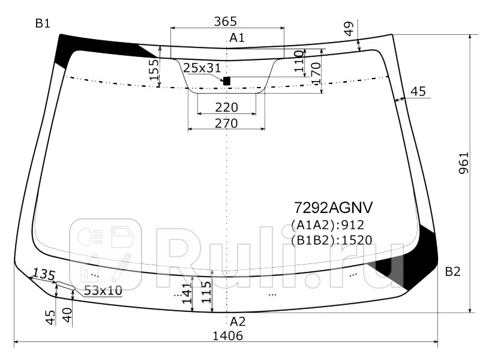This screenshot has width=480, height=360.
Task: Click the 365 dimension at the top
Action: [226, 22]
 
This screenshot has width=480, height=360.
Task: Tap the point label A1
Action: [237, 38]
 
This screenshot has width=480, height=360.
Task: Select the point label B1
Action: [43, 24]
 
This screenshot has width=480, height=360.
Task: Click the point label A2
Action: [238, 321]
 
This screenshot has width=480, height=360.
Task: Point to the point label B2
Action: [452, 272]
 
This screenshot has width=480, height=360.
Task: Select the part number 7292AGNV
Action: [333, 208]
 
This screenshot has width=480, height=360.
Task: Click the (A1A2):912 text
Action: [328, 225]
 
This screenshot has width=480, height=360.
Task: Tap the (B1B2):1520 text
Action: [331, 241]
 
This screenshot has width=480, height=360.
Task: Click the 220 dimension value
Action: [226, 107]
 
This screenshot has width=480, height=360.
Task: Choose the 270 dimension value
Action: [226, 123]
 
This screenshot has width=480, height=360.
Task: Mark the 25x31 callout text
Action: [202, 68]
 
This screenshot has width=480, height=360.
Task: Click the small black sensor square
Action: [227, 80]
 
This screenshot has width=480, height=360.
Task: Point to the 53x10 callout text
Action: [103, 290]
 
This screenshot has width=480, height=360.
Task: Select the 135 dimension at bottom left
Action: [43, 274]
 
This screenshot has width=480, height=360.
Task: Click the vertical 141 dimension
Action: [187, 296]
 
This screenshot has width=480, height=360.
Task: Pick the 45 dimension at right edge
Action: [418, 91]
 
